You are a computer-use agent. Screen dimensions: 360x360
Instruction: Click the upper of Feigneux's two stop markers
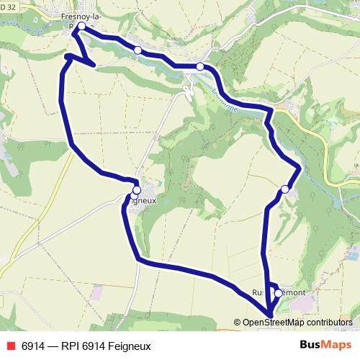(137, 190)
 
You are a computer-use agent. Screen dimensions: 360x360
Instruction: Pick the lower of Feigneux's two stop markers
(134, 196)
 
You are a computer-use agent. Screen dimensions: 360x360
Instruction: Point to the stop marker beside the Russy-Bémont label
(279, 293)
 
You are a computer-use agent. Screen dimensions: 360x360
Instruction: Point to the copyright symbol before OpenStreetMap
(237, 323)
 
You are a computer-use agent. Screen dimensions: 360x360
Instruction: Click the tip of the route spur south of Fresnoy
(94, 65)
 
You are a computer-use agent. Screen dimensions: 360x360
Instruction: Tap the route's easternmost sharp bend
(299, 167)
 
